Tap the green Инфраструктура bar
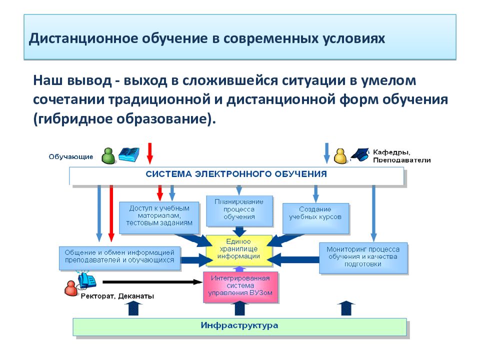(239, 327)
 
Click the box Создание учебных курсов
(315, 218)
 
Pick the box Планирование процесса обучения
(239, 211)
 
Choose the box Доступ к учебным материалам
(159, 217)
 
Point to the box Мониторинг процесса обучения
(363, 258)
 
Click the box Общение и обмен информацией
(119, 258)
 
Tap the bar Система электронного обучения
(236, 175)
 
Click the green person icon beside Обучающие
(108, 156)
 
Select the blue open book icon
(129, 154)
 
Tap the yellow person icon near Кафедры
(340, 156)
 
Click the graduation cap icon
(360, 155)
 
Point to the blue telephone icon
(87, 280)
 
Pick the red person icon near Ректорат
(71, 288)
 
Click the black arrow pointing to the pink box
(152, 282)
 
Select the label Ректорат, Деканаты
(117, 296)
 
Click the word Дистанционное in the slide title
(83, 39)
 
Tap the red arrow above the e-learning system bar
(149, 153)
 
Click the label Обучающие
(71, 156)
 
